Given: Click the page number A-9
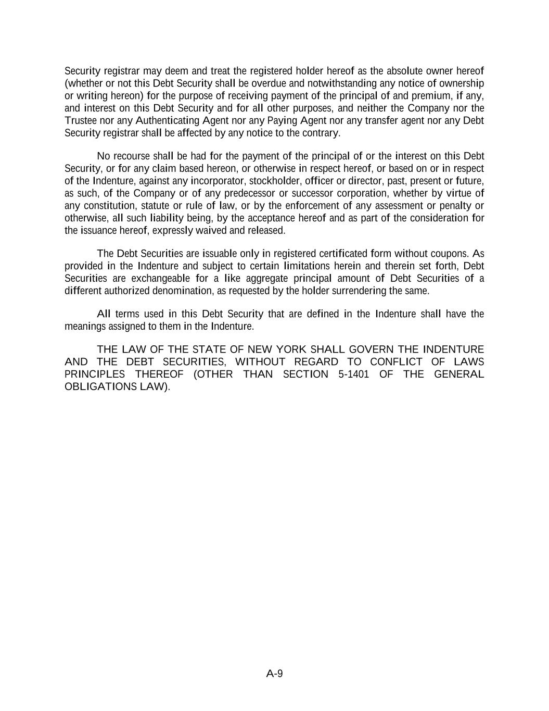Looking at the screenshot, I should coord(274,673).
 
